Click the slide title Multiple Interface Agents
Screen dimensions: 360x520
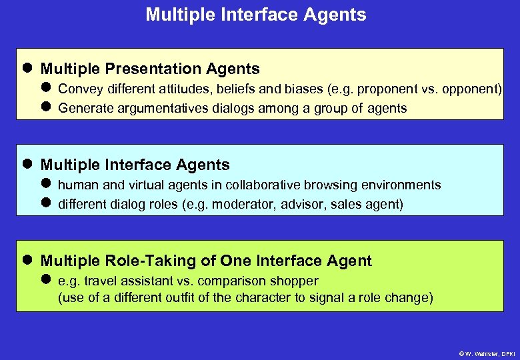(256, 15)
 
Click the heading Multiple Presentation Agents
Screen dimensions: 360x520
(150, 69)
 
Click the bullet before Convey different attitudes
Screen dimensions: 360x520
(45, 89)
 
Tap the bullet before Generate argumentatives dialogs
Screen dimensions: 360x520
(45, 107)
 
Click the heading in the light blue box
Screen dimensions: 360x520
(135, 165)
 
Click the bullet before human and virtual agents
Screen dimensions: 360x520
(45, 185)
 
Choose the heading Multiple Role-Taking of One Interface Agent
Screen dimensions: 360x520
(206, 261)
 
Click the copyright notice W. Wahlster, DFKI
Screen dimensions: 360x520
(487, 353)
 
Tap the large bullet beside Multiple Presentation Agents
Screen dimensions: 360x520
(27, 69)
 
